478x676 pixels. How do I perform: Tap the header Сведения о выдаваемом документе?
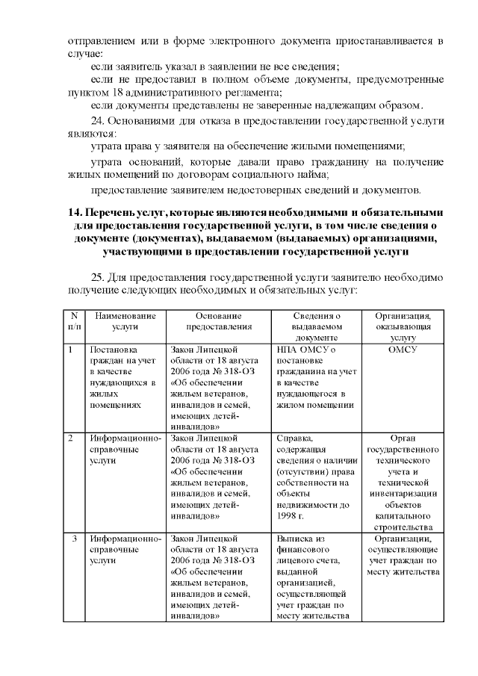(317, 326)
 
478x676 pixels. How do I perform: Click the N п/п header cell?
(73, 320)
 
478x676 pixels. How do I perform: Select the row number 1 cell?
(70, 349)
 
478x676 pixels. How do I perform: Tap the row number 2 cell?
(70, 438)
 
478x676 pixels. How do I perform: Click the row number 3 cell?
(72, 539)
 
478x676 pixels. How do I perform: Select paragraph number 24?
(99, 120)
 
